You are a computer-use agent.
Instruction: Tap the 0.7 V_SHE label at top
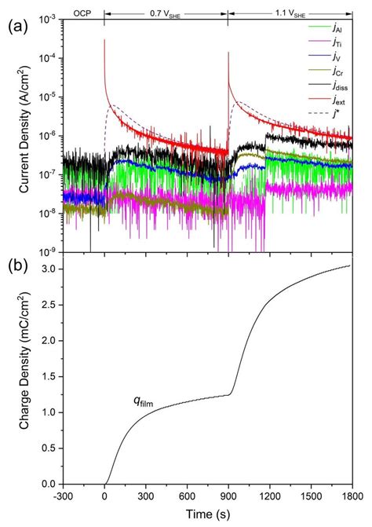[x=166, y=13]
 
